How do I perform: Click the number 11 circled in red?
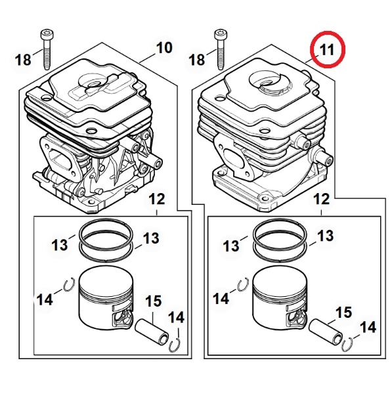[327, 49]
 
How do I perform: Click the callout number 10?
[164, 47]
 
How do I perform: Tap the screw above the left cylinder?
[46, 49]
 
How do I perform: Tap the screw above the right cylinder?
[220, 50]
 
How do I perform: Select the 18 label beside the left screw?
[23, 60]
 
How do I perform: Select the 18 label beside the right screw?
[197, 60]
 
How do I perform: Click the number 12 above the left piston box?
[157, 199]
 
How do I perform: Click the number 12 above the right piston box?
[321, 199]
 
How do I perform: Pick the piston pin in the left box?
[152, 330]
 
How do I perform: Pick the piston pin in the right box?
[325, 331]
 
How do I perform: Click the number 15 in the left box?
[153, 301]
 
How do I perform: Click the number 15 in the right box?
[343, 313]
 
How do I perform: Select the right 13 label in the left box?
[151, 238]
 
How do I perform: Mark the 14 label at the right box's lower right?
[368, 328]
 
